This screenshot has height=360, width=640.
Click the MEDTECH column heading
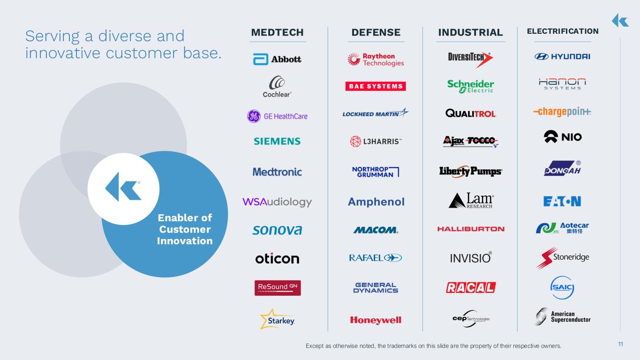click(x=277, y=32)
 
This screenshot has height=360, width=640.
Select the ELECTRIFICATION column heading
click(x=563, y=31)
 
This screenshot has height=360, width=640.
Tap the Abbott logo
click(x=277, y=59)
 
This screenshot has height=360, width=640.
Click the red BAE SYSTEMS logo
click(x=376, y=86)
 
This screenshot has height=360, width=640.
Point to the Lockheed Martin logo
click(x=376, y=113)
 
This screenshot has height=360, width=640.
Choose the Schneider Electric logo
click(x=470, y=86)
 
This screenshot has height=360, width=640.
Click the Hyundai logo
click(x=562, y=57)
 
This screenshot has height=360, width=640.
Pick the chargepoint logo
click(x=562, y=112)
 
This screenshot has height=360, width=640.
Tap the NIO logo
click(x=563, y=137)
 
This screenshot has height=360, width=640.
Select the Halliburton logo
click(x=471, y=229)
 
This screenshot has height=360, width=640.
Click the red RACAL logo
click(x=471, y=287)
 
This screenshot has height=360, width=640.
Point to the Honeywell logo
click(x=376, y=320)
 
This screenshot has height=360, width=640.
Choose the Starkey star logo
click(x=277, y=319)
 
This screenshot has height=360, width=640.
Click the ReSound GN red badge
click(x=278, y=288)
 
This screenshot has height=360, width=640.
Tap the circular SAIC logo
click(x=562, y=287)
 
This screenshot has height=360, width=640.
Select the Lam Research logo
click(x=471, y=200)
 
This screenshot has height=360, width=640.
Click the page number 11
click(x=620, y=344)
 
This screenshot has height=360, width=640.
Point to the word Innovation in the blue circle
click(x=185, y=241)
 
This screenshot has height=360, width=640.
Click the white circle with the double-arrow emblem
click(x=123, y=189)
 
